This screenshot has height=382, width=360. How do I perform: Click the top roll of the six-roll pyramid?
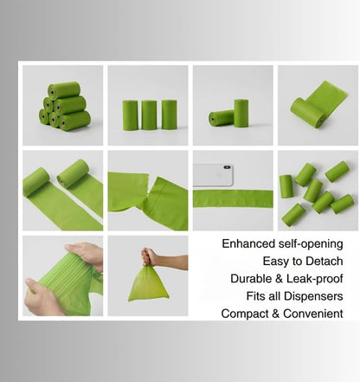coord(64,90)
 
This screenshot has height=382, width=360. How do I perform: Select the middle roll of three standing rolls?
coord(149,114)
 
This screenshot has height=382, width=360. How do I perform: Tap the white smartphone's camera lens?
coord(227,167)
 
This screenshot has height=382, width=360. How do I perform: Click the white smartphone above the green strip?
coord(213,175)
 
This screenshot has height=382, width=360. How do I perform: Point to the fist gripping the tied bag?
coord(149,257)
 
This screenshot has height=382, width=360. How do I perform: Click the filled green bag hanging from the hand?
coord(148,283)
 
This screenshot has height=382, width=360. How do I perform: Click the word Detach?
coord(325,262)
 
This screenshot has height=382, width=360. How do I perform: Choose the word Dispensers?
coord(313,296)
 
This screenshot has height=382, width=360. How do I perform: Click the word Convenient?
coord(313,314)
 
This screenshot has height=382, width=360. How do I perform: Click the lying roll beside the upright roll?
coord(222,118)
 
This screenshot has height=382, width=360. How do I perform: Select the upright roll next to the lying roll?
coord(241,113)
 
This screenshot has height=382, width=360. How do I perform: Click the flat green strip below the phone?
coord(233,198)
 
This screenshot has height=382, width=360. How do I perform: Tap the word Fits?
coord(254,296)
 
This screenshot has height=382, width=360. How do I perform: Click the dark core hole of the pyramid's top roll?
coord(52,93)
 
